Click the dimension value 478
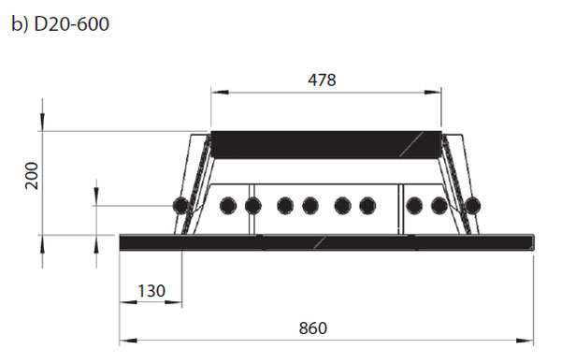(322, 80)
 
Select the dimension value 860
(313, 328)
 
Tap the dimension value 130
(151, 291)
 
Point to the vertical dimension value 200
(32, 175)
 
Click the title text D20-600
(71, 24)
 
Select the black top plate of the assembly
(326, 145)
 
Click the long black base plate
(326, 242)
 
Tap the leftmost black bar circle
(180, 206)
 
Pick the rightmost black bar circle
(472, 206)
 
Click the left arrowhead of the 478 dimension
(220, 93)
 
